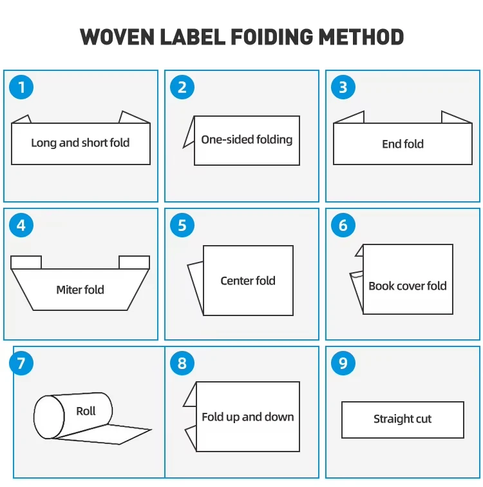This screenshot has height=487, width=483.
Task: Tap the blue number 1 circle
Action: pyautogui.click(x=21, y=87)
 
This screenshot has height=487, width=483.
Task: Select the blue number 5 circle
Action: pyautogui.click(x=182, y=225)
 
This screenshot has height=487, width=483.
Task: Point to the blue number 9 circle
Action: pyautogui.click(x=343, y=363)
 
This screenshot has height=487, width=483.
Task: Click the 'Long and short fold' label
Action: pyautogui.click(x=80, y=143)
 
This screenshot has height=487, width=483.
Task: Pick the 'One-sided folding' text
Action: pyautogui.click(x=247, y=140)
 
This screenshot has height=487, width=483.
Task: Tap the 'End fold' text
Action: pyautogui.click(x=402, y=144)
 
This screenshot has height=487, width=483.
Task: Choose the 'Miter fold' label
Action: pyautogui.click(x=80, y=290)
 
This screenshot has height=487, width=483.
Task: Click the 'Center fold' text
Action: pyautogui.click(x=248, y=281)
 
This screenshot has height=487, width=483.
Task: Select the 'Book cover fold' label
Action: pyautogui.click(x=408, y=286)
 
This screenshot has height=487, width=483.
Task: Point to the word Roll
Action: pyautogui.click(x=86, y=412)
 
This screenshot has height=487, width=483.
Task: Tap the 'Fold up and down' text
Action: pyautogui.click(x=248, y=417)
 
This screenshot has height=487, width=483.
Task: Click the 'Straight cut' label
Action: pyautogui.click(x=402, y=419)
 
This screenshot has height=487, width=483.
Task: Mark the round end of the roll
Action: pyautogui.click(x=49, y=417)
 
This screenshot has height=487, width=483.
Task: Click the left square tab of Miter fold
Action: pyautogui.click(x=26, y=263)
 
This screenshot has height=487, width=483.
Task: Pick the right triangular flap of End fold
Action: pyautogui.click(x=457, y=117)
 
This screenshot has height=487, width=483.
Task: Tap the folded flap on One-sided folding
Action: pyautogui.click(x=189, y=132)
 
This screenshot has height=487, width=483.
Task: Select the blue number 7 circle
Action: pyautogui.click(x=21, y=363)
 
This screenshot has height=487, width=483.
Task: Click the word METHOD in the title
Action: pyautogui.click(x=361, y=37)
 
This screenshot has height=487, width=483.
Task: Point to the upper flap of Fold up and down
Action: pyautogui.click(x=191, y=395)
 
